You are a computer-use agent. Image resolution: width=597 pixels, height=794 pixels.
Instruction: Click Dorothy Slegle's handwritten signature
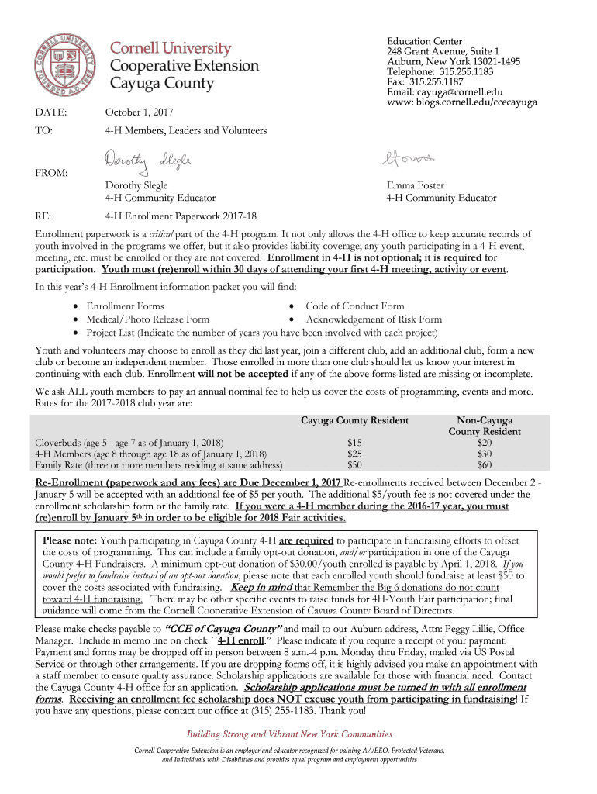click(x=147, y=162)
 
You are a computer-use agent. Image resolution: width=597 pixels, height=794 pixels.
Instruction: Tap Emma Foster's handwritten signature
click(x=408, y=159)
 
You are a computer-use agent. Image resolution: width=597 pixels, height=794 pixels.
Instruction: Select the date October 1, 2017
click(x=140, y=113)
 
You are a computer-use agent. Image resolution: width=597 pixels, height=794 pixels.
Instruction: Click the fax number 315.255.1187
click(x=437, y=81)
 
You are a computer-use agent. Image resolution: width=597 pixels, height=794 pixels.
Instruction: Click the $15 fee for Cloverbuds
click(x=354, y=442)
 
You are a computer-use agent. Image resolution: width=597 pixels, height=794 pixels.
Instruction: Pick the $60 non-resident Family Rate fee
click(x=485, y=465)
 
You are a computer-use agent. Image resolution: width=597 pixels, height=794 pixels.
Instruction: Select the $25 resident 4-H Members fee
click(x=354, y=454)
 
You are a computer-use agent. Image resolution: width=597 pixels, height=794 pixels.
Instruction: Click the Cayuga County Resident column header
click(x=354, y=420)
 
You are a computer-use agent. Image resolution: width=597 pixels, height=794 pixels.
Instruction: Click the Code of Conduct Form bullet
click(x=354, y=306)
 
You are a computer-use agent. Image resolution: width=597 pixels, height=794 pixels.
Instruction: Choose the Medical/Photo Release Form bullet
click(x=147, y=319)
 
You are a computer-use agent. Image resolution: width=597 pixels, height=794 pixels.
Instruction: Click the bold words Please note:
click(x=70, y=540)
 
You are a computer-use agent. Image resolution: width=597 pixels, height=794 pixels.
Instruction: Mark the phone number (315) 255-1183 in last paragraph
click(x=288, y=710)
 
